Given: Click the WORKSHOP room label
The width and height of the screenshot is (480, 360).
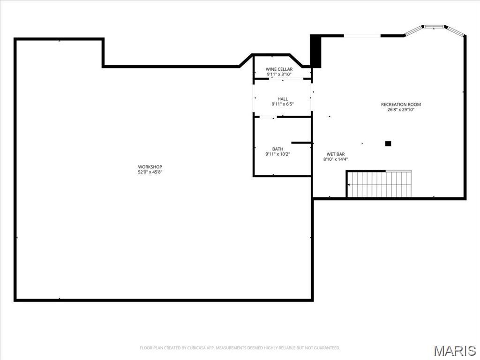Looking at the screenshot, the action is [x=150, y=167].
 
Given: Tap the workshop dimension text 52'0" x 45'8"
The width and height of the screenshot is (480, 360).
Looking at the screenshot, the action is [x=150, y=172].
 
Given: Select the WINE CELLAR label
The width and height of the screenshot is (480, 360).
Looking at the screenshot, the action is [x=279, y=69].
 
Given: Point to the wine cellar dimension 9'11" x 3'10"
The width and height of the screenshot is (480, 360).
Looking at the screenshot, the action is [x=279, y=75].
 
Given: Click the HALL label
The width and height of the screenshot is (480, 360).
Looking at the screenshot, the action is [x=283, y=99].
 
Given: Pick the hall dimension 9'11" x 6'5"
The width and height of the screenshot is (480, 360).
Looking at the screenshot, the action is [x=283, y=104].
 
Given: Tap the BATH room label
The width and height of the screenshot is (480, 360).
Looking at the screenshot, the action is [x=277, y=149].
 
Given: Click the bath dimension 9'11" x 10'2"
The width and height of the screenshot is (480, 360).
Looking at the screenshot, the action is [x=277, y=154].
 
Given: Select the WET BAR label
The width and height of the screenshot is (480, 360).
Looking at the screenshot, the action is [x=336, y=154].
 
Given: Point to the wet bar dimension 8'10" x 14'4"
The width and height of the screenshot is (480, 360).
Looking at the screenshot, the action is [x=336, y=159].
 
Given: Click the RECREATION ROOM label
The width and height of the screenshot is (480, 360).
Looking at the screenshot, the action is [x=401, y=105].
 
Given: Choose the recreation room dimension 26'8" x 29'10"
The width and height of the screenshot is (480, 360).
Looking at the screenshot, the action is [x=401, y=110].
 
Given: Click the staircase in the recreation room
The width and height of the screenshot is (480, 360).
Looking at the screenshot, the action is [x=379, y=184].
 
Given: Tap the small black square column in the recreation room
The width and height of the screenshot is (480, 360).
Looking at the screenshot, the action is [x=388, y=143].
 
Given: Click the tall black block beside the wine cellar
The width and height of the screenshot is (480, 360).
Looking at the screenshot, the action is [x=315, y=51].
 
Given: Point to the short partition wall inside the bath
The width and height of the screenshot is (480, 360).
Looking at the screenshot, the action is [x=301, y=143].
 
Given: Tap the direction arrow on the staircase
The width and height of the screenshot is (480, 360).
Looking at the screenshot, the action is [x=349, y=185].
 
